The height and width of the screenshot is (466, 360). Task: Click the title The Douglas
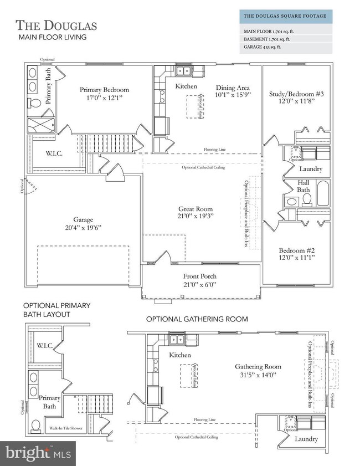(56, 25)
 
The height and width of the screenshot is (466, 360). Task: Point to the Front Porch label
(200, 276)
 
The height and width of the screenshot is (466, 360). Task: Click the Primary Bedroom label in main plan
(104, 90)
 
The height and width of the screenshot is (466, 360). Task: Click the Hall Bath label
(303, 186)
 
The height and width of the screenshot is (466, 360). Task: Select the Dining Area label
(232, 88)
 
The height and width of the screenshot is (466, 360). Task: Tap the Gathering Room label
(258, 366)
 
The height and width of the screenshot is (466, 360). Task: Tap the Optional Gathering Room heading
(197, 319)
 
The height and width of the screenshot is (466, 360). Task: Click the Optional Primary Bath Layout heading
(56, 310)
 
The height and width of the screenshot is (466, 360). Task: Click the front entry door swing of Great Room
(164, 255)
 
